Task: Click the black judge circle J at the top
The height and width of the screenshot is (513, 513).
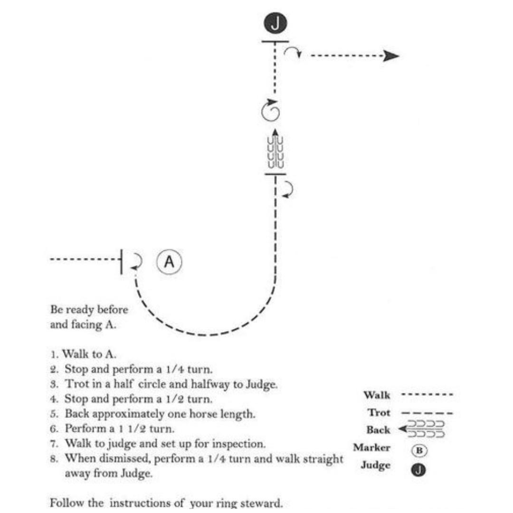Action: click(275, 23)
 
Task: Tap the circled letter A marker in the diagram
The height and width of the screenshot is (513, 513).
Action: click(169, 262)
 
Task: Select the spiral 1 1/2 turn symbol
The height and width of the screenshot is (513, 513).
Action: click(271, 110)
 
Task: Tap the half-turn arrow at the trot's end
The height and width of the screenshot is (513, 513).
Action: click(288, 190)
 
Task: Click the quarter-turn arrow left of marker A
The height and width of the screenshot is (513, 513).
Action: click(137, 262)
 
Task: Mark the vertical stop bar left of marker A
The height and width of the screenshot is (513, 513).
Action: click(122, 262)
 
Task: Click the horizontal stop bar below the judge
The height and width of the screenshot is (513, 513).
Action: click(275, 41)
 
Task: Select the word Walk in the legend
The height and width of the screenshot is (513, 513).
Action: click(377, 395)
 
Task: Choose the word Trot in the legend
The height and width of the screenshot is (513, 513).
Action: click(379, 413)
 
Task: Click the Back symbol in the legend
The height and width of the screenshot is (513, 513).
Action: click(421, 429)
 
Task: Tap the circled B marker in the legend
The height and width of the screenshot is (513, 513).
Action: click(419, 450)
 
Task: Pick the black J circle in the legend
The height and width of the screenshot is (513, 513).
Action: click(418, 470)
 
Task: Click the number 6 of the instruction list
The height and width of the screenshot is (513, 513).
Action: click(54, 428)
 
